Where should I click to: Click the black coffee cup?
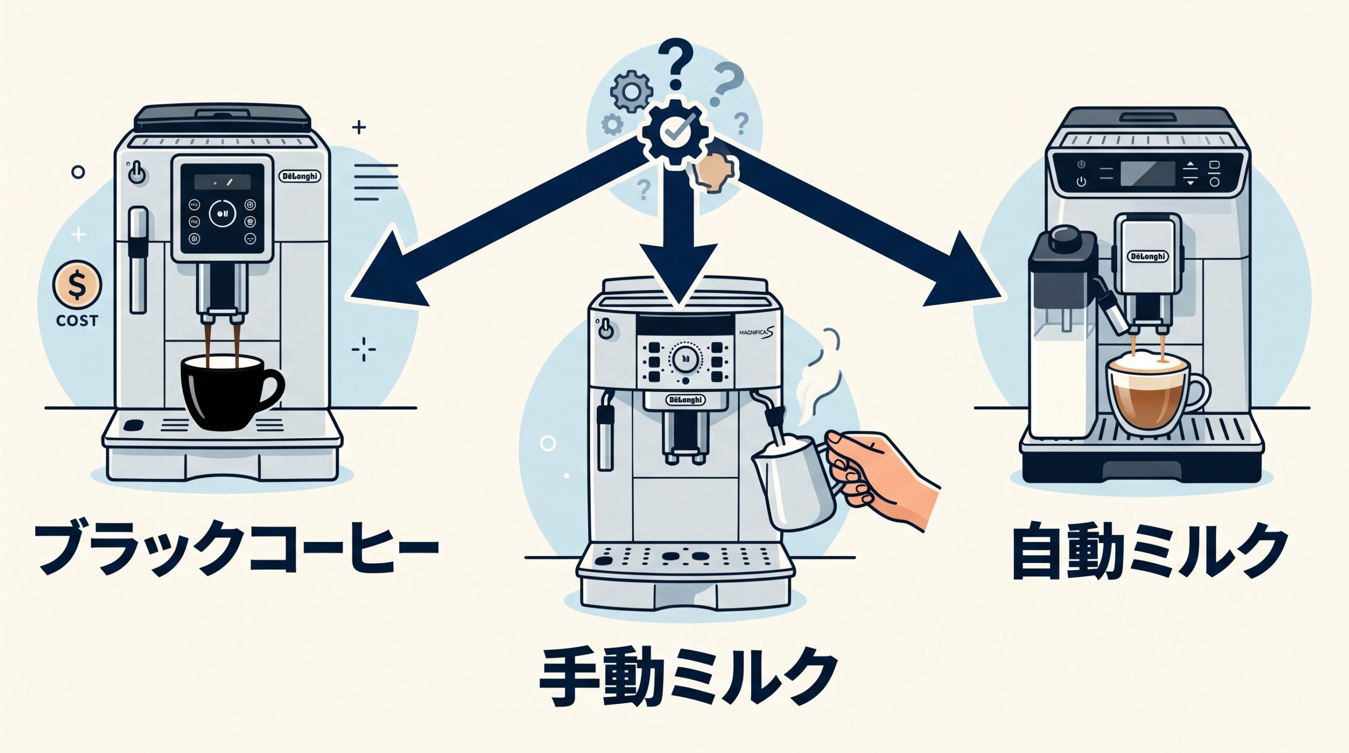click(227, 393)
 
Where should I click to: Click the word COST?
click(77, 321)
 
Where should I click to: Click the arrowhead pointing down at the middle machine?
click(678, 274)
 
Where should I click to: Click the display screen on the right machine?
click(1148, 174)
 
